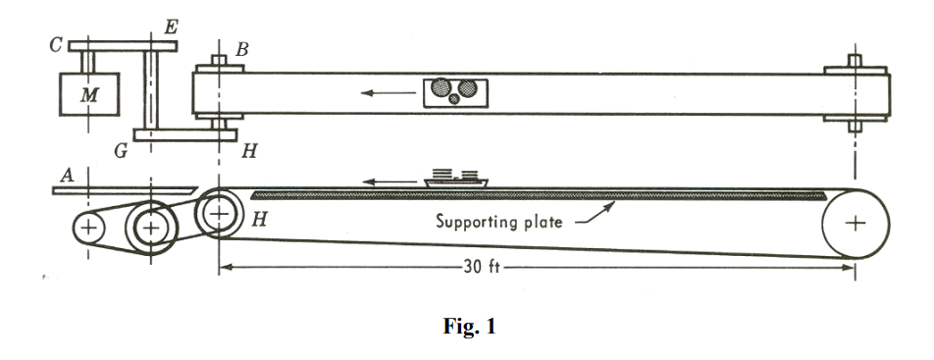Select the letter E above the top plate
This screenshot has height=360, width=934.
[x=170, y=27]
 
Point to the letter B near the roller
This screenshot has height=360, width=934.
[x=241, y=47]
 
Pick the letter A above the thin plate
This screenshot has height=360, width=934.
[x=67, y=175]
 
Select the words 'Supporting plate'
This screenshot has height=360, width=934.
[x=499, y=222]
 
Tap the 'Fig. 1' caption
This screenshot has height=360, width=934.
[x=466, y=328]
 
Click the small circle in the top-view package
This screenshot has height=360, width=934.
[x=453, y=98]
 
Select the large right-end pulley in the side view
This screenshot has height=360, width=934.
[x=856, y=223]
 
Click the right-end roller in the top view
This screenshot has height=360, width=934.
[x=856, y=94]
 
